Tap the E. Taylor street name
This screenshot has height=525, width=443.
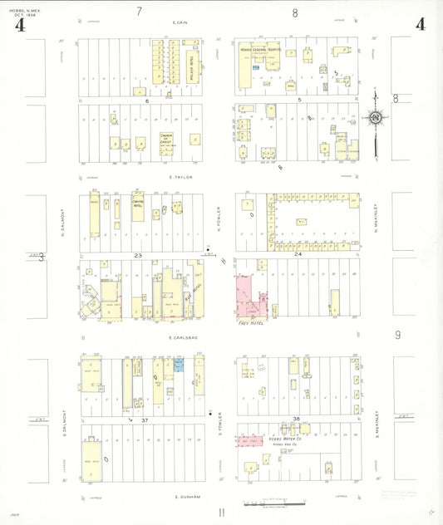[x=180, y=177]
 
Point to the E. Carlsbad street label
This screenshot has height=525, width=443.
[x=181, y=338]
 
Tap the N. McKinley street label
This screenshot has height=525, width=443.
[x=376, y=221]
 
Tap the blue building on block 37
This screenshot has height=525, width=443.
[x=179, y=365]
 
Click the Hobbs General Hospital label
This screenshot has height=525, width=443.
[x=265, y=51]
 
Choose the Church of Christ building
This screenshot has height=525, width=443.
[x=166, y=140]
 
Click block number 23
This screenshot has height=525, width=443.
[x=140, y=256]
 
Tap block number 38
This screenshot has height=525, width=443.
[x=296, y=418]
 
